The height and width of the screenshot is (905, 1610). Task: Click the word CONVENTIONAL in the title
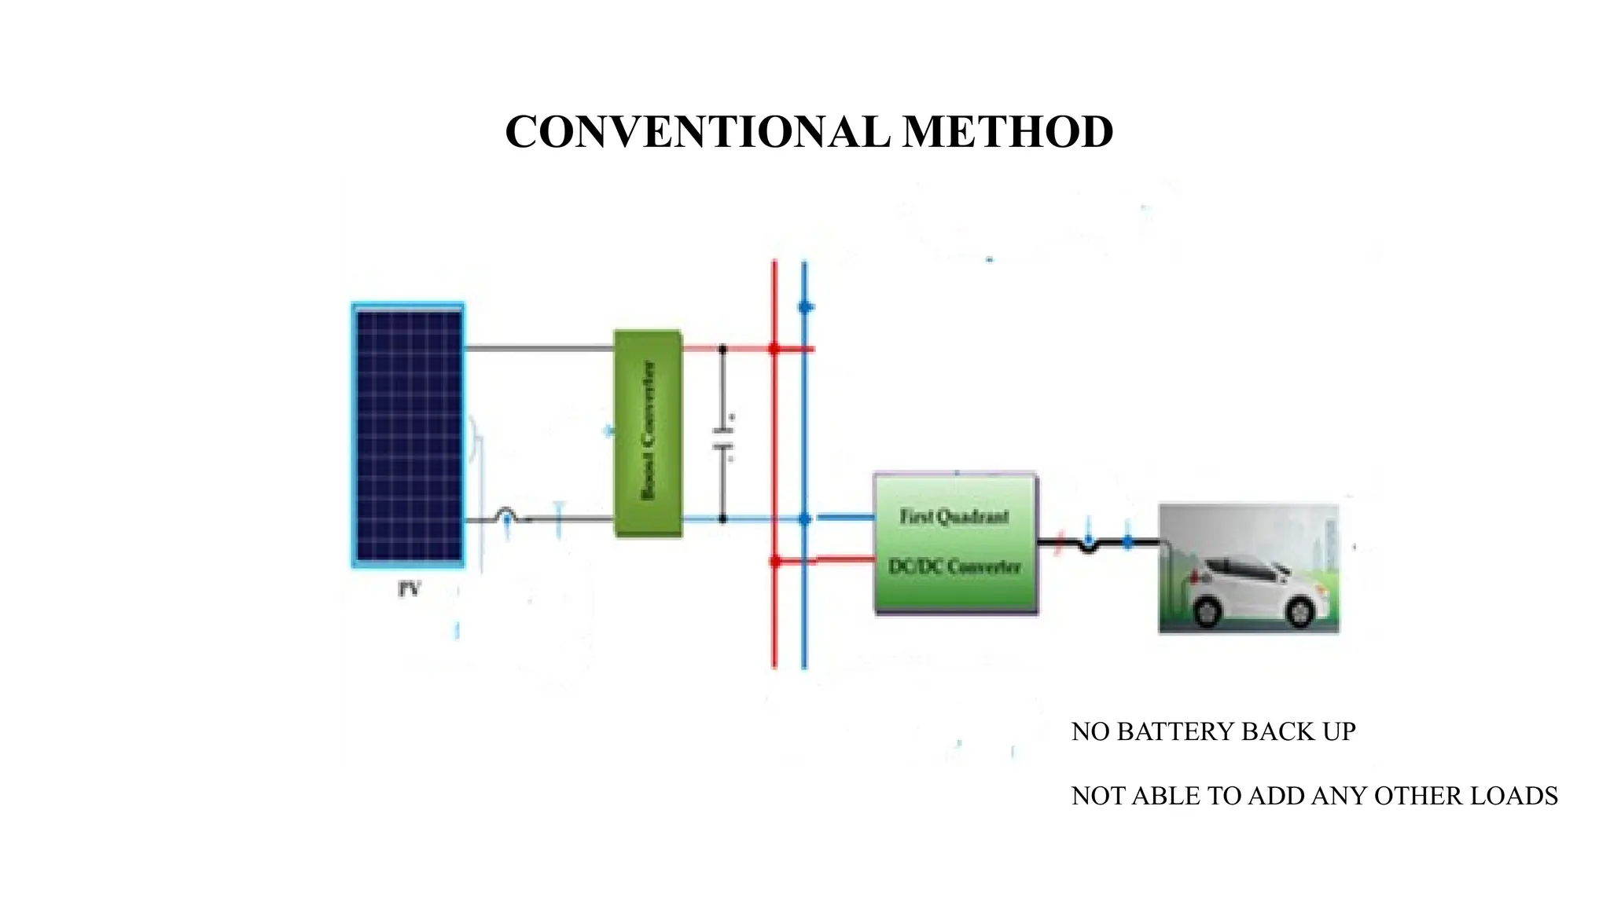click(x=697, y=131)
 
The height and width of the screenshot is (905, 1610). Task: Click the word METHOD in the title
click(x=1008, y=131)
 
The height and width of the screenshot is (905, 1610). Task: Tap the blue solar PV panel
click(x=408, y=434)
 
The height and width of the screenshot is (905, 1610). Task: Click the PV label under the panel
click(x=409, y=589)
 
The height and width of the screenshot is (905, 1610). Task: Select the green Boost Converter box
click(x=648, y=434)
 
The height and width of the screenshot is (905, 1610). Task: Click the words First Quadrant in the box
click(x=954, y=516)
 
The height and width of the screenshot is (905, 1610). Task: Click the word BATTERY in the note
click(x=1176, y=731)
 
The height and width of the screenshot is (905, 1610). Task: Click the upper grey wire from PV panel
click(x=539, y=348)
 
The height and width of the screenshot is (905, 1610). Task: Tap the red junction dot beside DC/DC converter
click(x=775, y=561)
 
